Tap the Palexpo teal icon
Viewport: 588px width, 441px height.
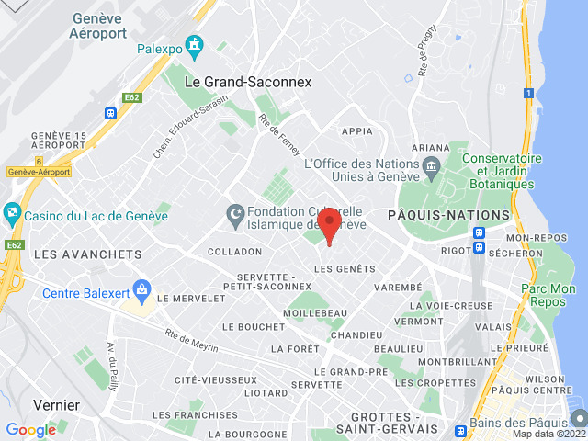[x=194, y=44]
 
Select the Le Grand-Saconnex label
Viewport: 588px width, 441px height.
[x=248, y=82]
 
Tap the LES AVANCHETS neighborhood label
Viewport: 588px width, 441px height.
[x=87, y=254]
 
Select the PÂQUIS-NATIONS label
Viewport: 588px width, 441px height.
[x=448, y=215]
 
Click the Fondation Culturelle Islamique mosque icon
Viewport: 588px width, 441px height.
[x=235, y=215]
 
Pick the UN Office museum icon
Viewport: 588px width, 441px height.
[x=431, y=165]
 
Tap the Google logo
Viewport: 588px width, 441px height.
[x=30, y=429]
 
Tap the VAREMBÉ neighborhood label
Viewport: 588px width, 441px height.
[x=399, y=288]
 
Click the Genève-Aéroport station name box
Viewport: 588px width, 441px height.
[x=40, y=172]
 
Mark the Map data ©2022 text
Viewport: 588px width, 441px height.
[x=548, y=435]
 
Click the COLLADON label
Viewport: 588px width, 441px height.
[x=234, y=252]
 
